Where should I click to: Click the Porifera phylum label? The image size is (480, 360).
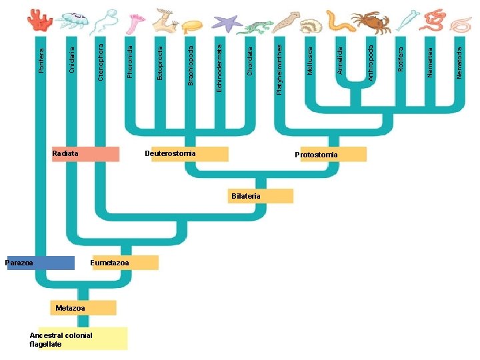pos(41,60)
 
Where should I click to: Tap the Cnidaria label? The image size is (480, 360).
pos(72,60)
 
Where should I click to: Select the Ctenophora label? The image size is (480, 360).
pos(101,62)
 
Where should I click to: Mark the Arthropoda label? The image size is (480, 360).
pos(370,63)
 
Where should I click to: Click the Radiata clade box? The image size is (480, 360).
pos(85,154)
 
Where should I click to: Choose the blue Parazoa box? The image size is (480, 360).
pos(39,263)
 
